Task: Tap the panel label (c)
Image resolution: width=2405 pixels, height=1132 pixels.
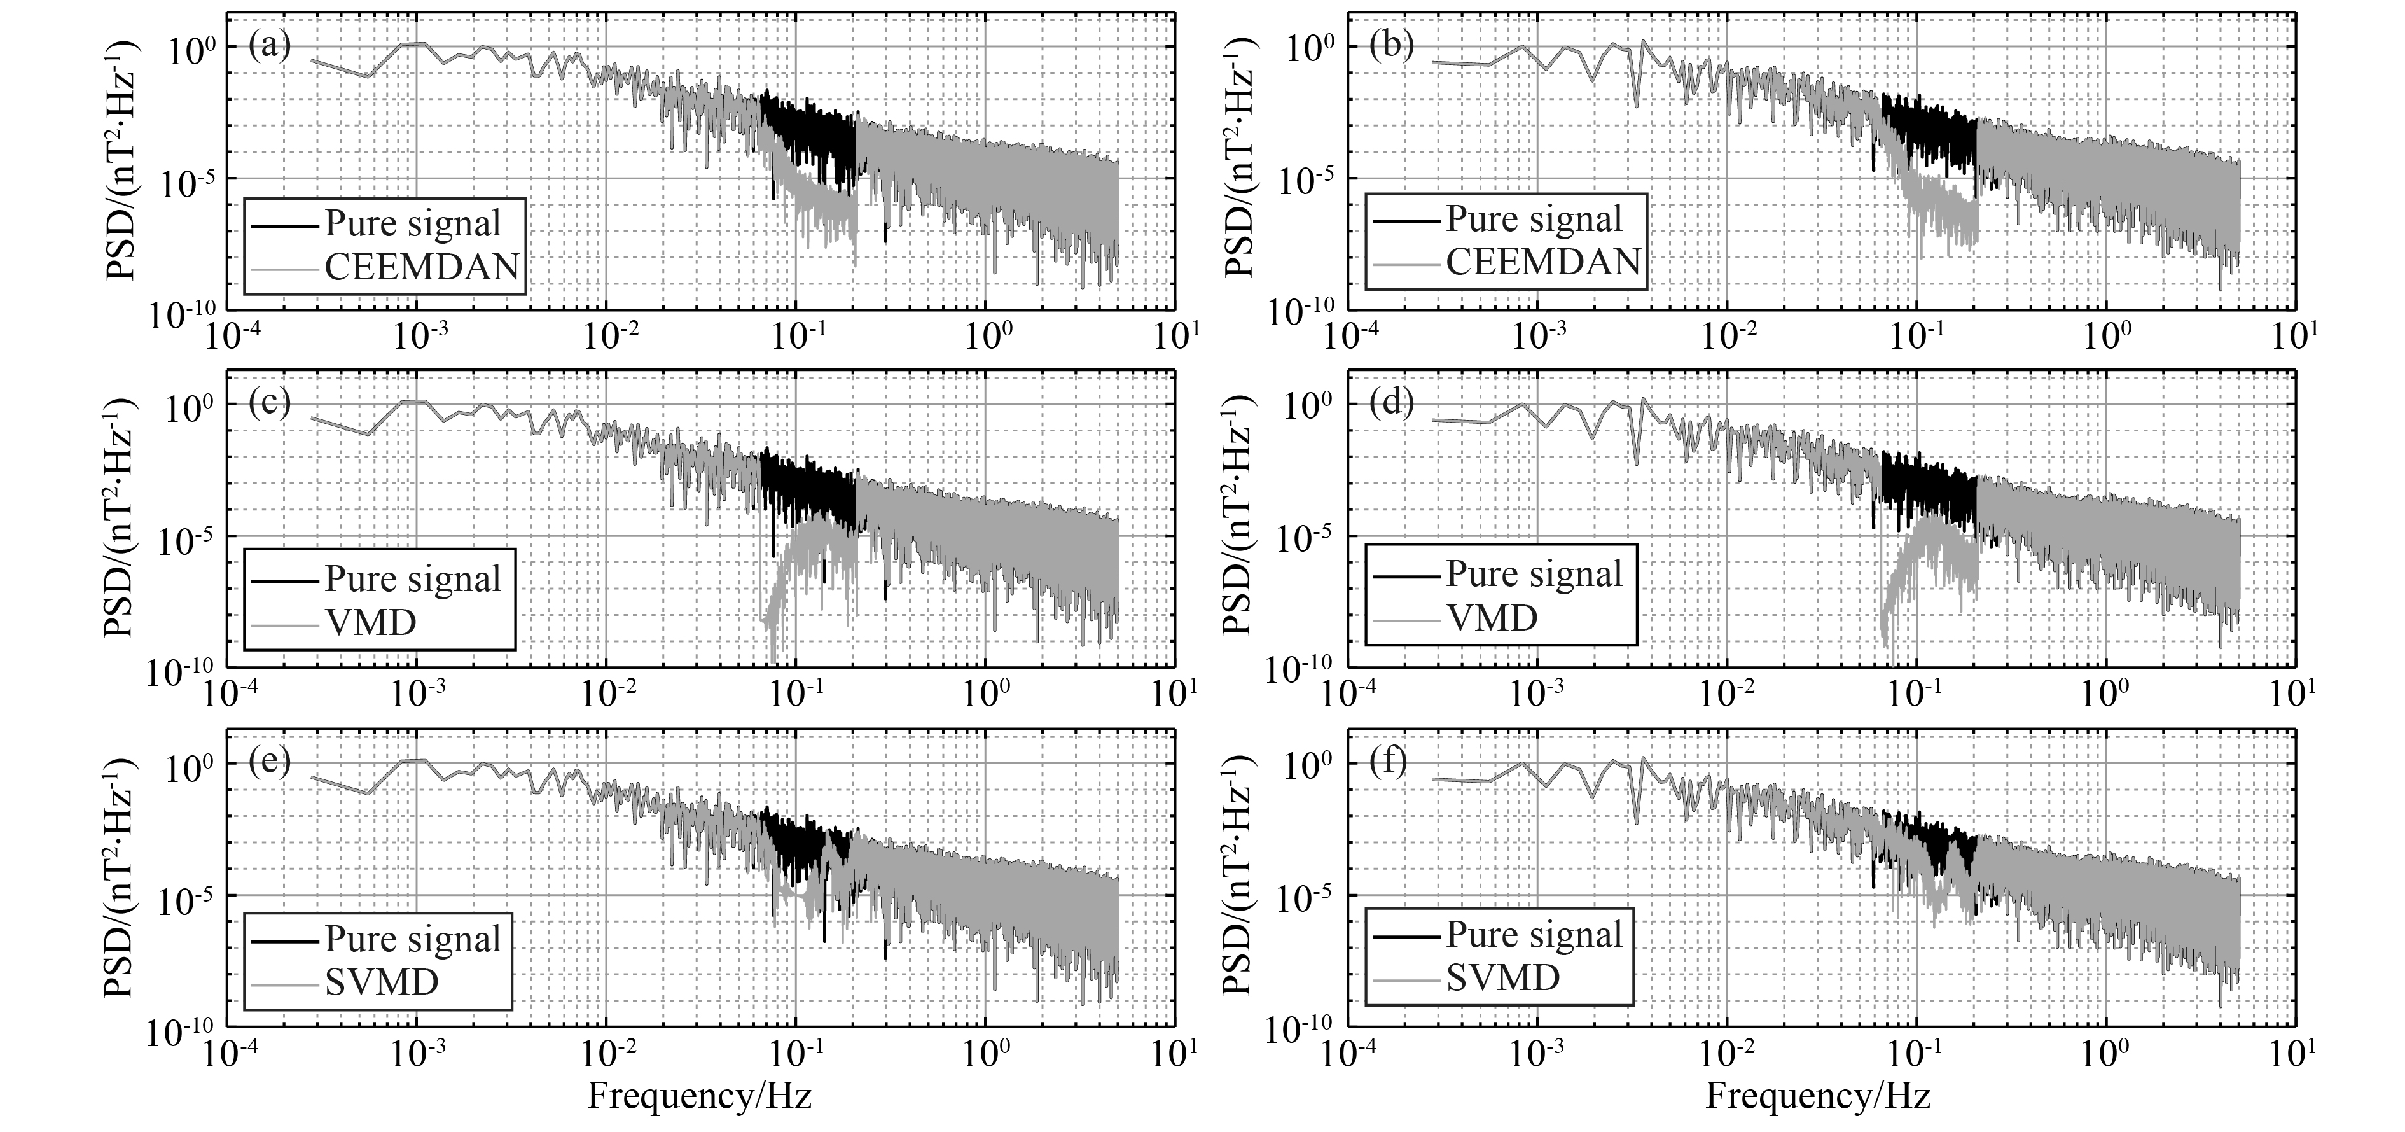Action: coord(270,403)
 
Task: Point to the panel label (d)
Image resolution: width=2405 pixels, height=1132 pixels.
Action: coord(1391,403)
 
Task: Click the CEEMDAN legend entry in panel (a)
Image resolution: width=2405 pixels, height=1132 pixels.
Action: coord(421,267)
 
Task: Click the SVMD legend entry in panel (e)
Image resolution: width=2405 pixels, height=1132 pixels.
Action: coord(381,982)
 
